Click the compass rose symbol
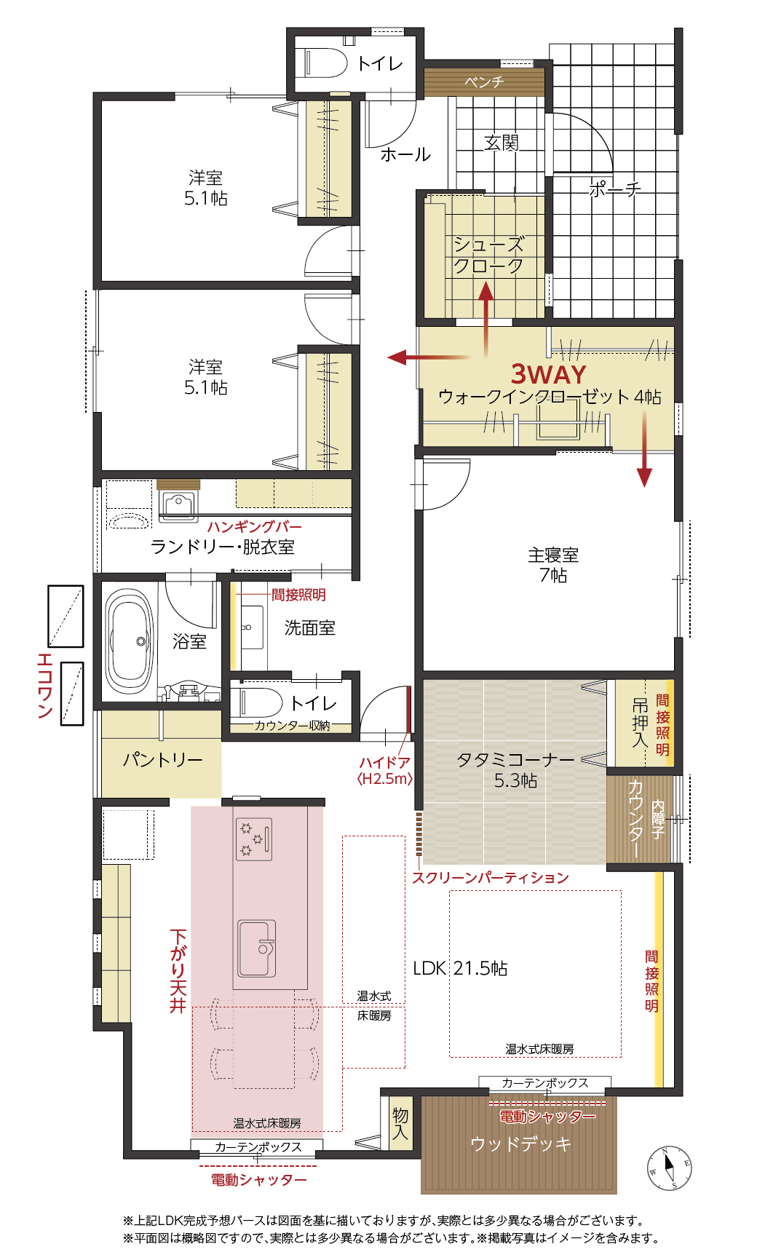[669, 1168]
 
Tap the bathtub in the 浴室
[130, 642]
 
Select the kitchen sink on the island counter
[257, 948]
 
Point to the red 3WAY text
[548, 374]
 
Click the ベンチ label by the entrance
[484, 82]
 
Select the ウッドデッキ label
[520, 1144]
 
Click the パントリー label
[162, 760]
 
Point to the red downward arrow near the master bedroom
[644, 449]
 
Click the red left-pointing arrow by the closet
[429, 357]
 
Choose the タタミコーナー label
[515, 760]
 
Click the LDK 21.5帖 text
[460, 968]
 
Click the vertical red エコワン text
[45, 686]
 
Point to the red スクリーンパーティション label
[491, 878]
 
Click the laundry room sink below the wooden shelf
[178, 507]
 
